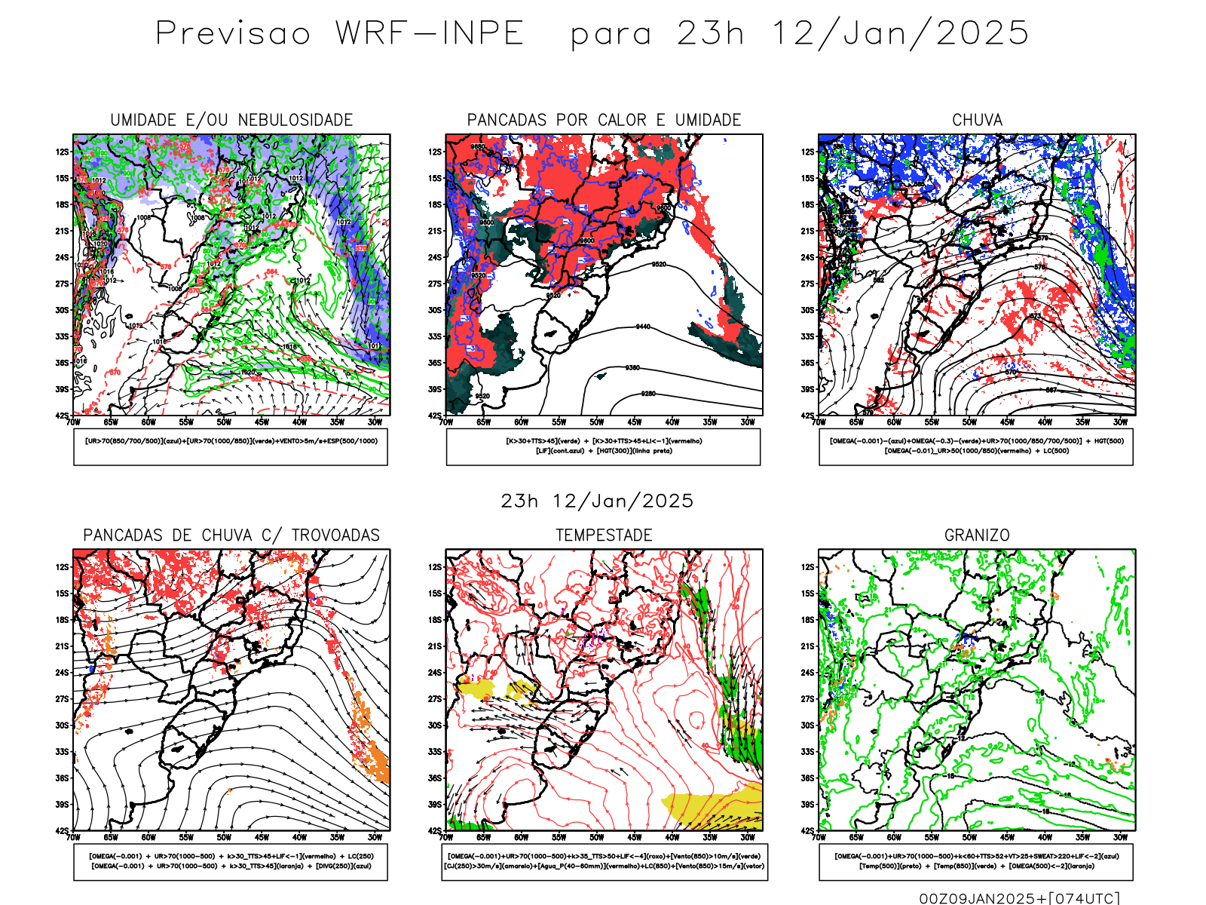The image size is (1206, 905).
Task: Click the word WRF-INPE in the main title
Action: tap(430, 34)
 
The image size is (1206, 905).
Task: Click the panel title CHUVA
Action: tap(977, 120)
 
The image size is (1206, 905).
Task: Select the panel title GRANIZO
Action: tap(977, 535)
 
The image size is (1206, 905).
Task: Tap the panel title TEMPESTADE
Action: tap(604, 535)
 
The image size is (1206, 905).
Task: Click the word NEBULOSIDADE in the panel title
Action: tap(295, 120)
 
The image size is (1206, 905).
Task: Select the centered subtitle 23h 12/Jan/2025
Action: tap(597, 501)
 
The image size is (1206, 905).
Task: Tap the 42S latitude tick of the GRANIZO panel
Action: tap(808, 830)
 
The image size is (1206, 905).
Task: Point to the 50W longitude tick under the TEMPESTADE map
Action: tap(596, 837)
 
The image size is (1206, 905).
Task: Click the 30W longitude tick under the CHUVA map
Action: tap(1120, 422)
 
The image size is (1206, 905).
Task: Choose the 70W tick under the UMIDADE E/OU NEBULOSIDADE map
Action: tap(73, 422)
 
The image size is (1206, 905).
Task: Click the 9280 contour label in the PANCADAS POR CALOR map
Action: tap(648, 394)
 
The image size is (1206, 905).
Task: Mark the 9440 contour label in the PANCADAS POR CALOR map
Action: tap(643, 327)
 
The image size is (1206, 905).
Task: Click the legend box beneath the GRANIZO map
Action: tap(976, 861)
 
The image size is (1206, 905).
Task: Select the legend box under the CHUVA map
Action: tap(976, 446)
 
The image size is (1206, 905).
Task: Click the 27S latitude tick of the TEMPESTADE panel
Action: tap(435, 699)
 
